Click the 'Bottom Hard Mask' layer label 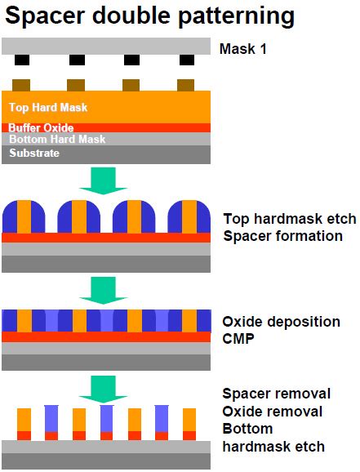pyautogui.click(x=47, y=140)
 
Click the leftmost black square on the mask pyautogui.click(x=23, y=60)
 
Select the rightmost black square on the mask pyautogui.click(x=187, y=60)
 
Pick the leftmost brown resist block pyautogui.click(x=23, y=84)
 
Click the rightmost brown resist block pyautogui.click(x=187, y=84)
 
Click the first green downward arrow pyautogui.click(x=104, y=179)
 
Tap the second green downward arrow pyautogui.click(x=104, y=288)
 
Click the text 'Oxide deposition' pyautogui.click(x=282, y=322)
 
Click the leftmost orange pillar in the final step pyautogui.click(x=23, y=419)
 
